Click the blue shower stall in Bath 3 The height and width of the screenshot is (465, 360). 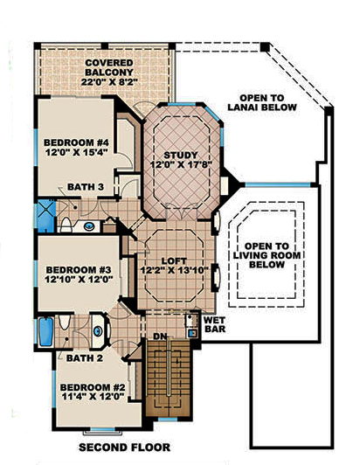coord(46,212)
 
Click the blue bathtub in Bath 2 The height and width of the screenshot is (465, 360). coord(45,333)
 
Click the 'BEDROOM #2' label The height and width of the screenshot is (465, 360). coord(88,388)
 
